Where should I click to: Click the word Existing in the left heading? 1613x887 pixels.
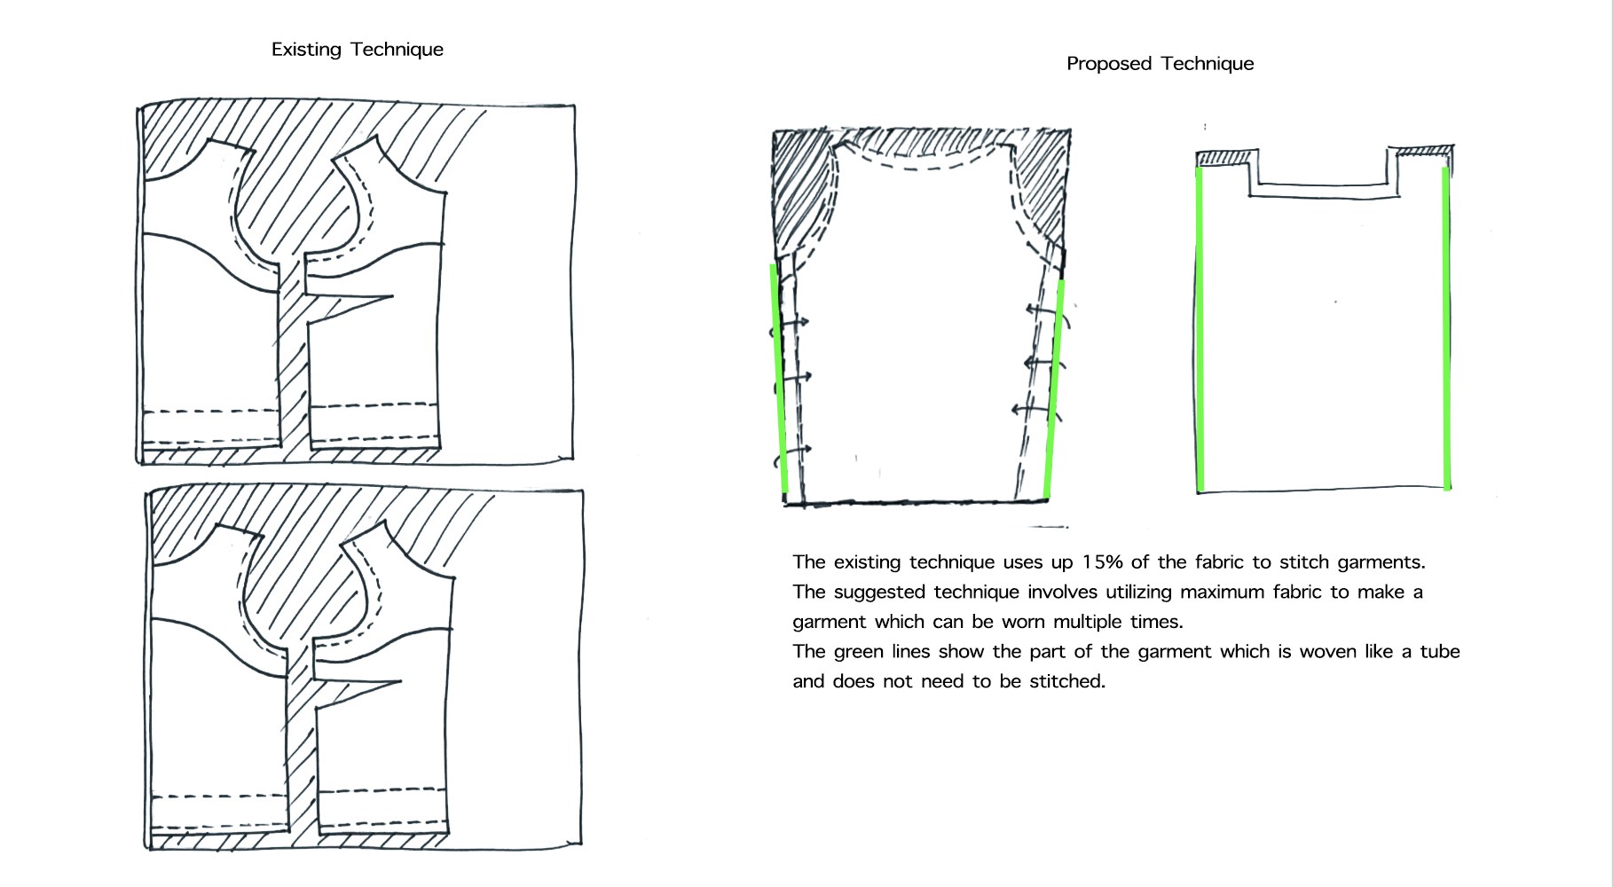point(306,50)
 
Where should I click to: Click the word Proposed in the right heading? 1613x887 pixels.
point(1109,64)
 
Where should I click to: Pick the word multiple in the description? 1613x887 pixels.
point(1088,622)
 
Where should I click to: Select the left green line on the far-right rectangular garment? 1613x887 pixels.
point(1200,328)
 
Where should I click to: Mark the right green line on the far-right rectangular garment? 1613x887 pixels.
point(1447,328)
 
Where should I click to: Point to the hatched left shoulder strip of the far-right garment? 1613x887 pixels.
point(1224,159)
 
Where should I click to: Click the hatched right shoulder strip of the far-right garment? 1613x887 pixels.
point(1423,153)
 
